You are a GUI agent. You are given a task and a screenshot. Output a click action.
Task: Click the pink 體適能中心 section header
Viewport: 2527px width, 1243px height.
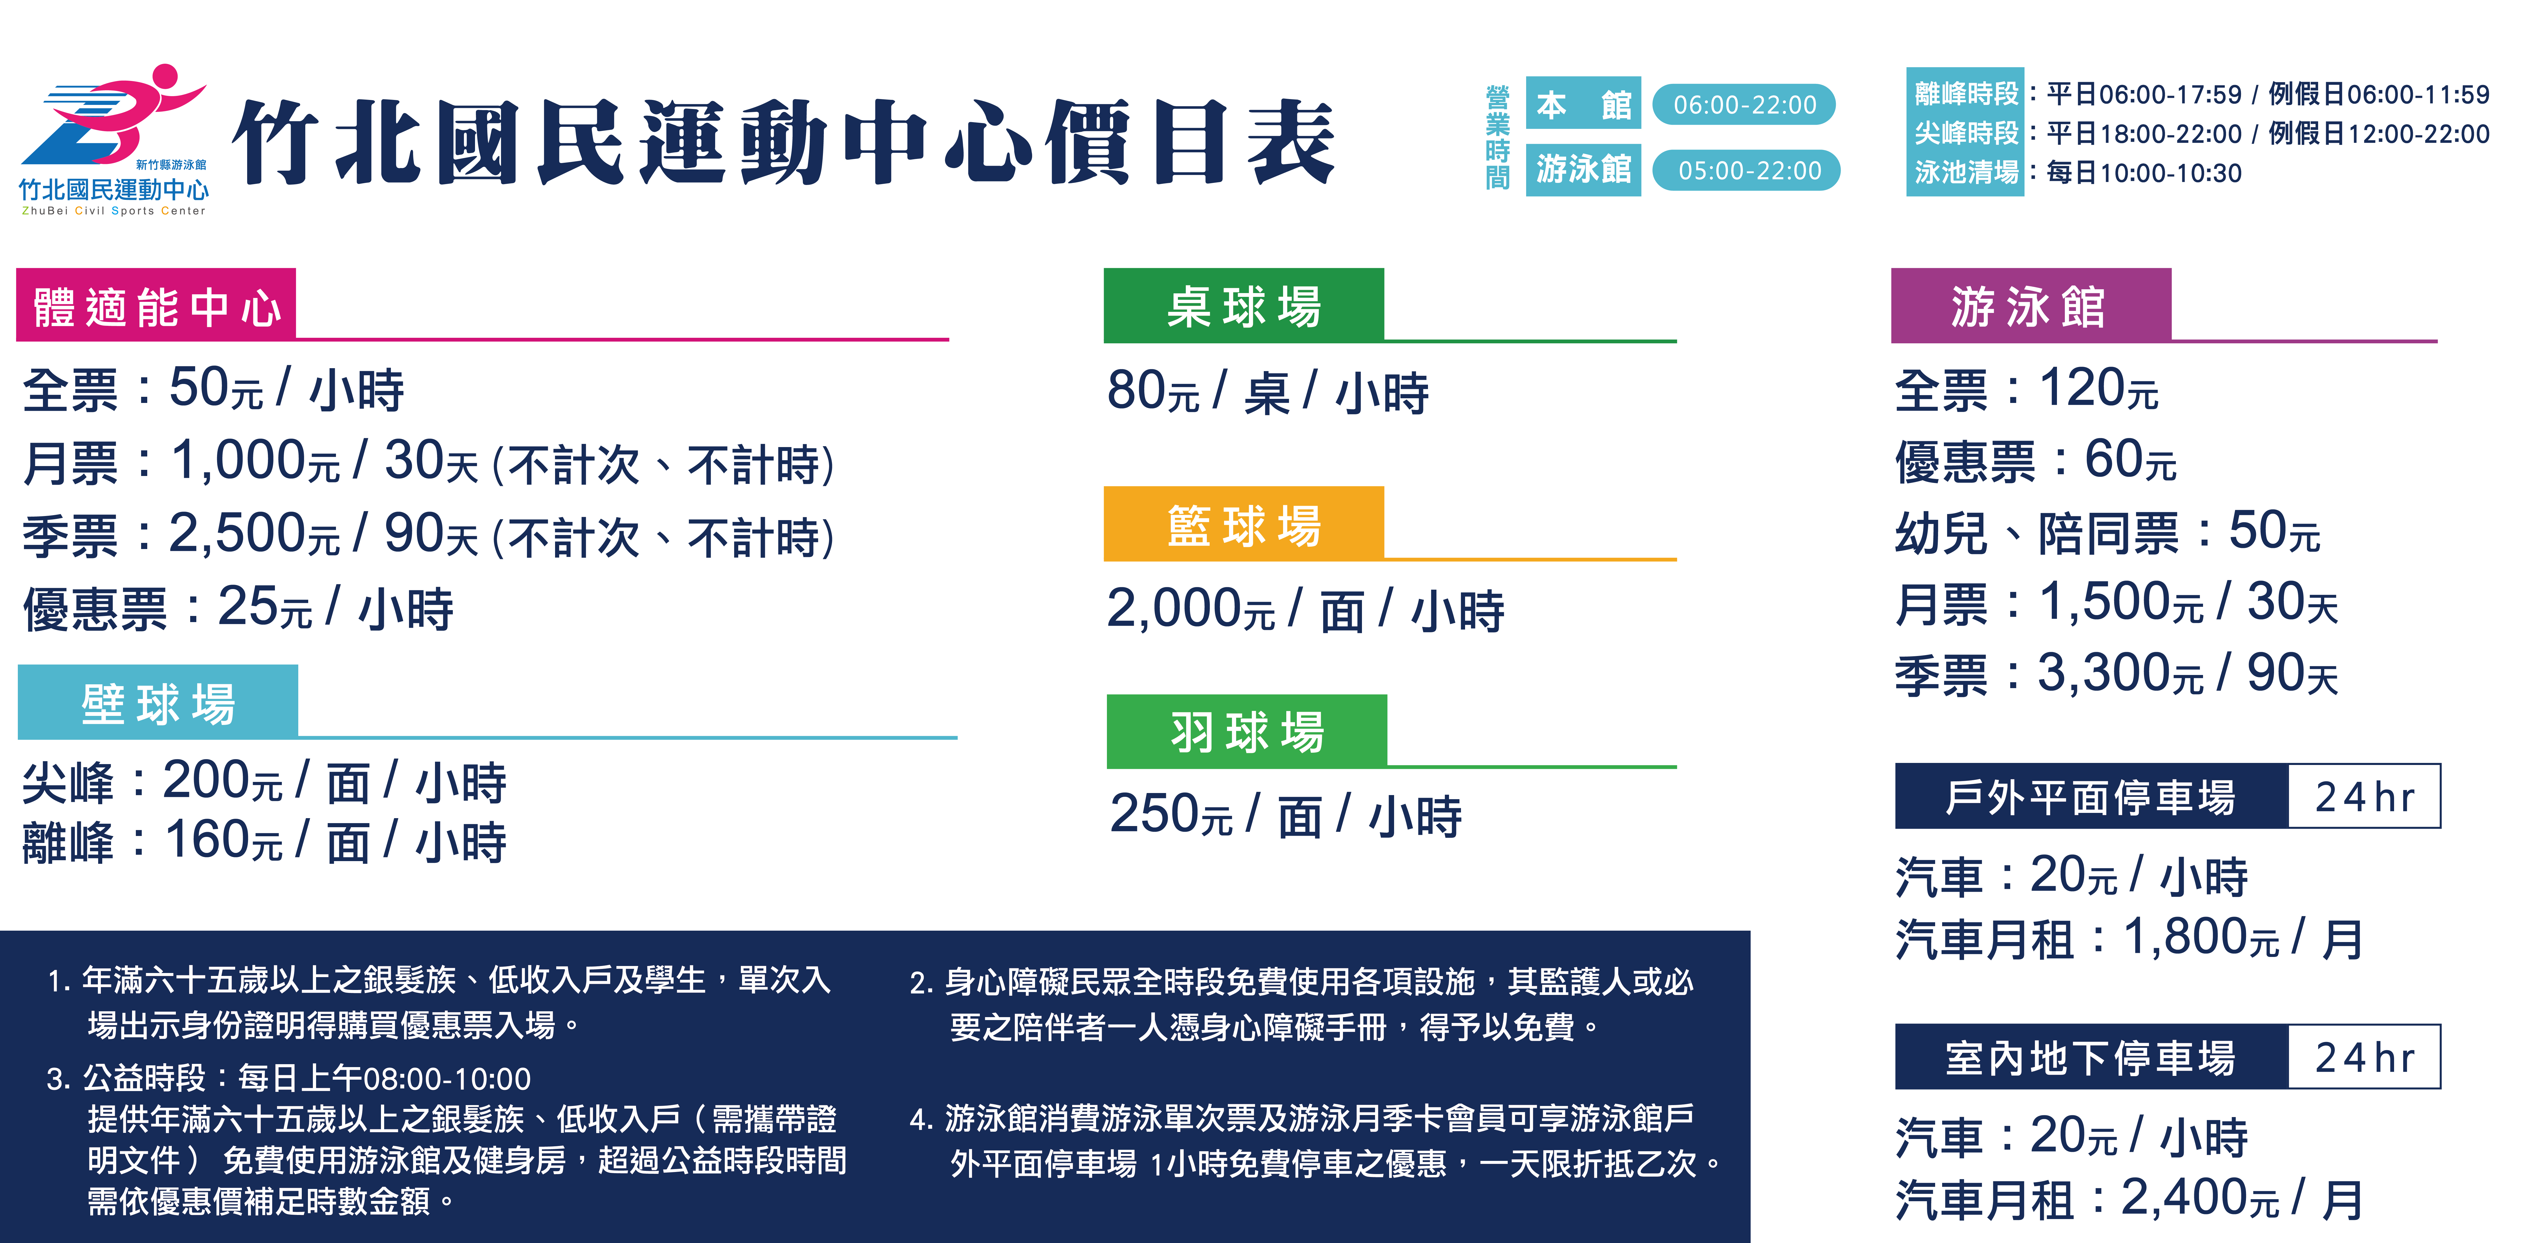tap(156, 305)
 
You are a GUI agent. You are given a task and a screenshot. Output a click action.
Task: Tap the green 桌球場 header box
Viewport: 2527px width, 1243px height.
tap(1244, 305)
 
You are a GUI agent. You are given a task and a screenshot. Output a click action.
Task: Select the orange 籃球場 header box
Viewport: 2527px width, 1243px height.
tap(1244, 524)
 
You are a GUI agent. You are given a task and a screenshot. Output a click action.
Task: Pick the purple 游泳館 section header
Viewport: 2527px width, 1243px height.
tap(2031, 305)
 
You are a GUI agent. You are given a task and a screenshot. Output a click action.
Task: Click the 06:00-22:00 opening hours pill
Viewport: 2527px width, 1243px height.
tap(1744, 104)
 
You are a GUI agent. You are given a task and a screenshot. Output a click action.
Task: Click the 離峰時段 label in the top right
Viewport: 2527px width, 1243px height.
tap(1966, 94)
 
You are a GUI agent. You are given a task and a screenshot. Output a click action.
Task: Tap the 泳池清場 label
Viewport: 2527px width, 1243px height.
tap(1966, 173)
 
